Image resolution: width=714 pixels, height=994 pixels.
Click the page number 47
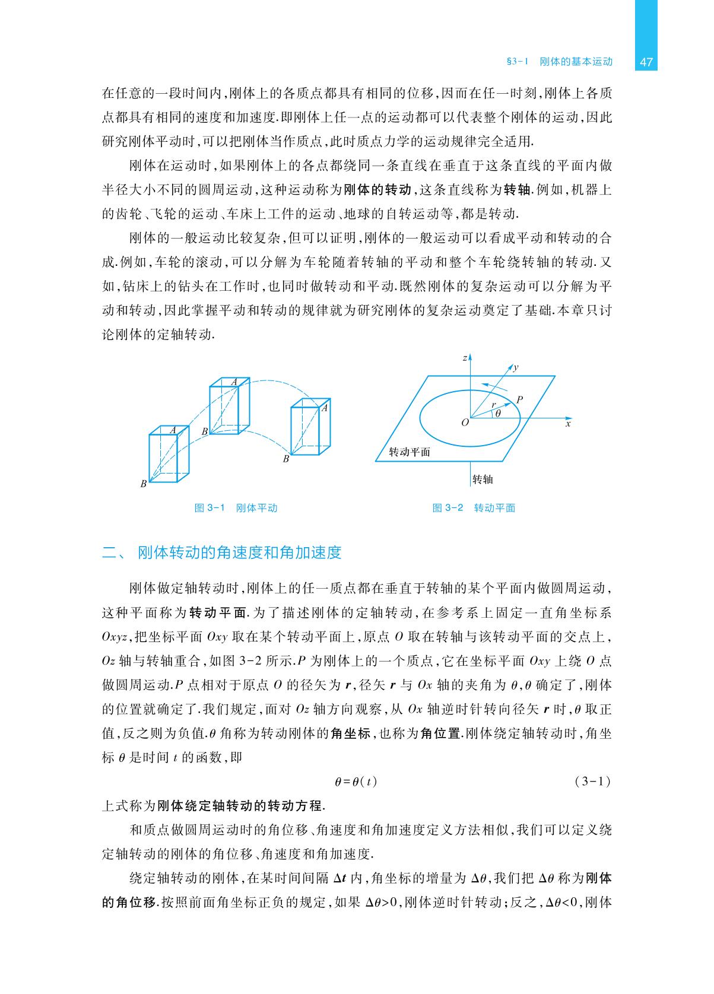click(646, 62)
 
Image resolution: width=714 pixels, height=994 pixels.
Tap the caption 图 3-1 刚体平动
click(236, 508)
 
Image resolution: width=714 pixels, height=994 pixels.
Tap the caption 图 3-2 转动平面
click(474, 508)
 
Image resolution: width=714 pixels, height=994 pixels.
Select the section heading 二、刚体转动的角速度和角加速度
click(222, 552)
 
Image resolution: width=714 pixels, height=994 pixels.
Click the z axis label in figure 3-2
click(464, 358)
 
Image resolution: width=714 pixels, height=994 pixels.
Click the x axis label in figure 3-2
click(568, 424)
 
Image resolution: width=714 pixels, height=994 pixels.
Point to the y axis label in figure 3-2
click(516, 368)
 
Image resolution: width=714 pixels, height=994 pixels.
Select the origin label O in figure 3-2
click(465, 423)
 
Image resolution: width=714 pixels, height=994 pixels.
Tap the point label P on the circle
click(519, 400)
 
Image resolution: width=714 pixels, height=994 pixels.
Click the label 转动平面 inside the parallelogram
click(410, 452)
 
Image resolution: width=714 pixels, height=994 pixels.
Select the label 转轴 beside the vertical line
click(483, 479)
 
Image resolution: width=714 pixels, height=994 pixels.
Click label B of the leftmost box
click(143, 484)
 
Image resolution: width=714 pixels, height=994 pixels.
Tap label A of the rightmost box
click(325, 408)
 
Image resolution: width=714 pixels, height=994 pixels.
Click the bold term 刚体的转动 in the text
click(377, 190)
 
